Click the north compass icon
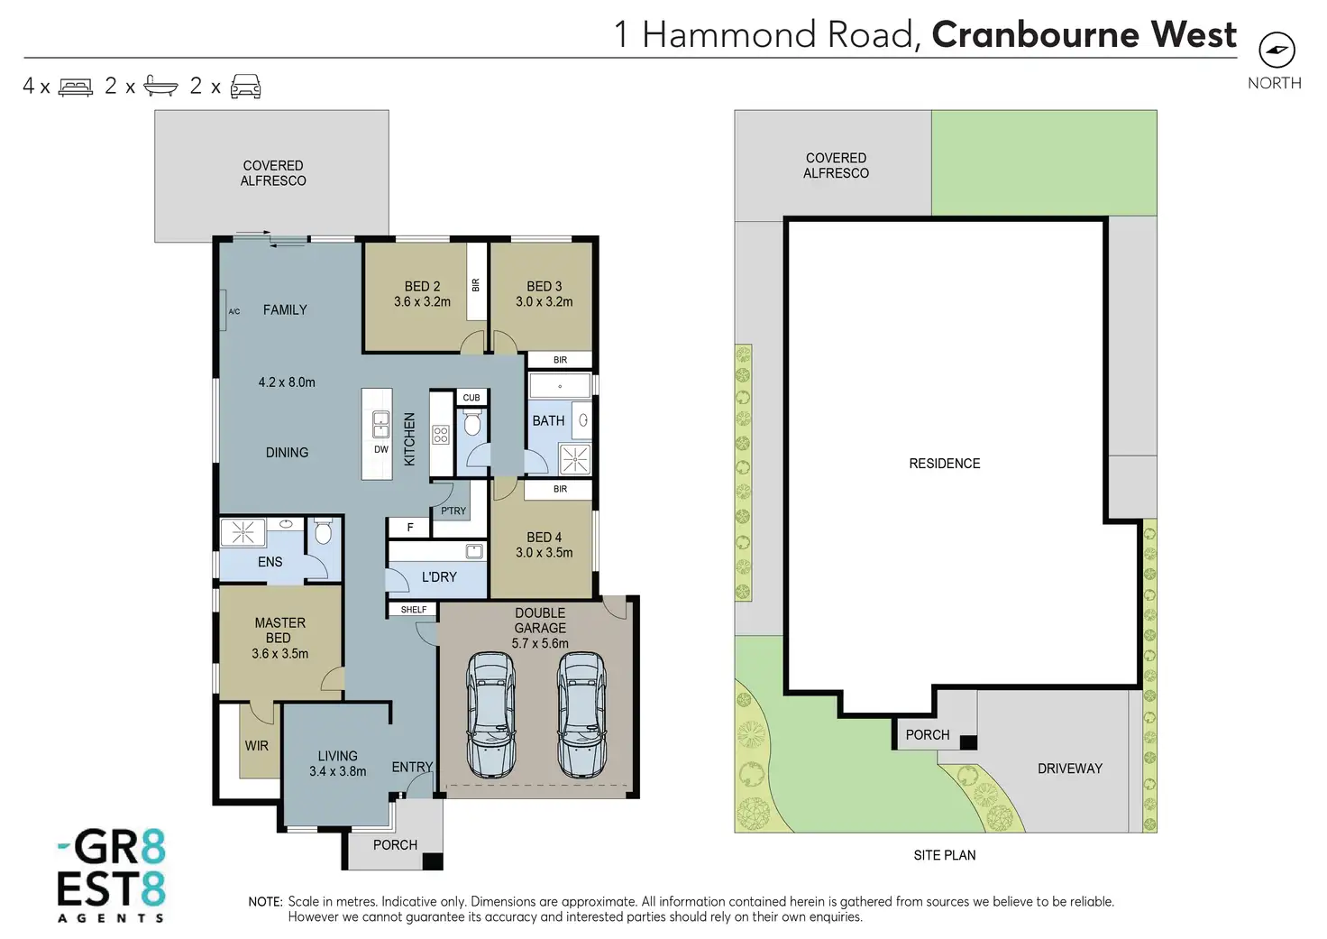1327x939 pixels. [1277, 51]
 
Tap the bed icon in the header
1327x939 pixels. [76, 87]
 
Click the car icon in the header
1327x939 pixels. [246, 87]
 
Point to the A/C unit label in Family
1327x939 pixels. [234, 311]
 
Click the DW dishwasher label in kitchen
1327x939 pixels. [381, 449]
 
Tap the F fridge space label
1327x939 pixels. [410, 528]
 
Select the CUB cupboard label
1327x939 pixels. [471, 398]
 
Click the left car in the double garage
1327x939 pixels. [491, 715]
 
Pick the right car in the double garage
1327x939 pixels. [581, 715]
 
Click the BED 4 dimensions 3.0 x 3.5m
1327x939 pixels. [544, 553]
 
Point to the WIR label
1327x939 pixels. [257, 746]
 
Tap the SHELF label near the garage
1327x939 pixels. [414, 610]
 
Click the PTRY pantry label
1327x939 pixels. [453, 511]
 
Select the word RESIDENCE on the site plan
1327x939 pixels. [944, 464]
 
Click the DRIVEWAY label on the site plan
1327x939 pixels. [1070, 769]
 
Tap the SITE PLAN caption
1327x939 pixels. [944, 855]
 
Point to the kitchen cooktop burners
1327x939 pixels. [441, 436]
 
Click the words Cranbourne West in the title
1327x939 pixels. [1084, 34]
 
